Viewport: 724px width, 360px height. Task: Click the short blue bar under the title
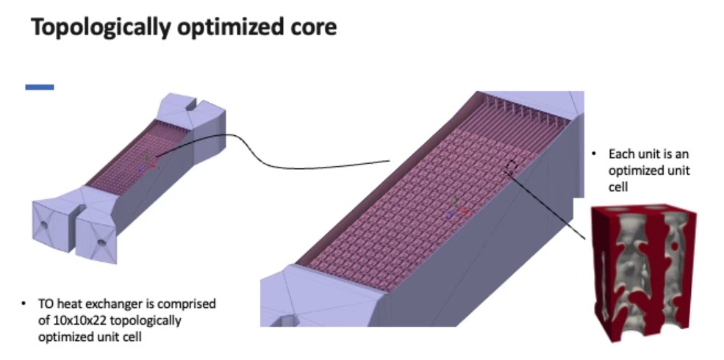40,87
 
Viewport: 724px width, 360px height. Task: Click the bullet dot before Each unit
592,154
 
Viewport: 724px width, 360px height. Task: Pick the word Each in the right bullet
620,154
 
